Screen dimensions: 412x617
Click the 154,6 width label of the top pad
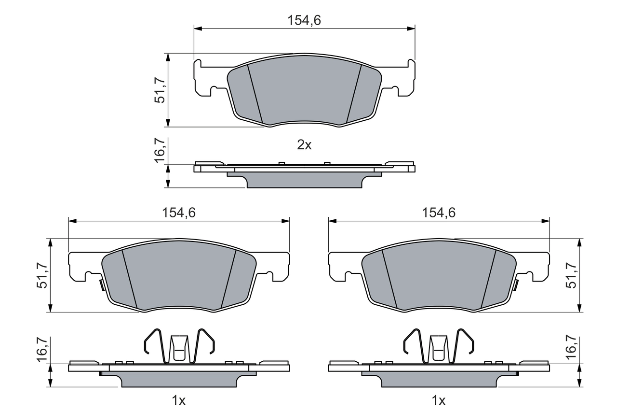[304, 20]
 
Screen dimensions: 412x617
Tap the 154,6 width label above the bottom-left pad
[179, 213]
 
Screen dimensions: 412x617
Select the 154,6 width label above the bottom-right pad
[439, 213]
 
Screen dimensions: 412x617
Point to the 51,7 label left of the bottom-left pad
[43, 275]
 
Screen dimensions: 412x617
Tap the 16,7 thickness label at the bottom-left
[42, 350]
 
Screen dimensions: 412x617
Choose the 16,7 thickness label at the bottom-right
[572, 350]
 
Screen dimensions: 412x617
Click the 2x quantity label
[304, 144]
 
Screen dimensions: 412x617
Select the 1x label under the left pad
[179, 400]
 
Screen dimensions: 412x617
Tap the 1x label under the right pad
[439, 400]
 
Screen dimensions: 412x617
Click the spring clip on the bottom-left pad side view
[179, 345]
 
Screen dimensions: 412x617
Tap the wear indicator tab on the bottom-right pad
[516, 285]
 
